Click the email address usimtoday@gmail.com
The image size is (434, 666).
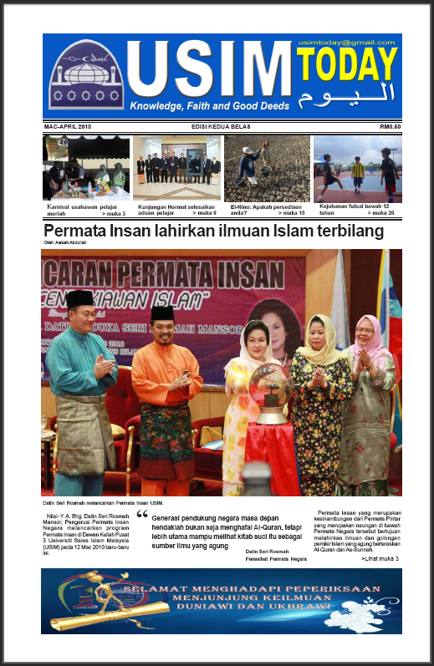(x=350, y=42)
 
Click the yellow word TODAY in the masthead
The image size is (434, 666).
(x=345, y=65)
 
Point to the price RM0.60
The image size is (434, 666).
(x=385, y=126)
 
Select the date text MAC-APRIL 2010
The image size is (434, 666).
(x=68, y=126)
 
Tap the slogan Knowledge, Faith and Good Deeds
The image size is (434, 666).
(x=209, y=106)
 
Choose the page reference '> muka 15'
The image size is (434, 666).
(x=285, y=214)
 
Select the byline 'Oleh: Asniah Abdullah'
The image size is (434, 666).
(x=67, y=243)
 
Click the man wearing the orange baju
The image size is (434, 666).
(x=166, y=393)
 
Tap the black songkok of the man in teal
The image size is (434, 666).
(x=80, y=298)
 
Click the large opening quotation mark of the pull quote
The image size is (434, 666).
(x=141, y=516)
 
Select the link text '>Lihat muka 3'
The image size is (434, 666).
(x=380, y=557)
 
